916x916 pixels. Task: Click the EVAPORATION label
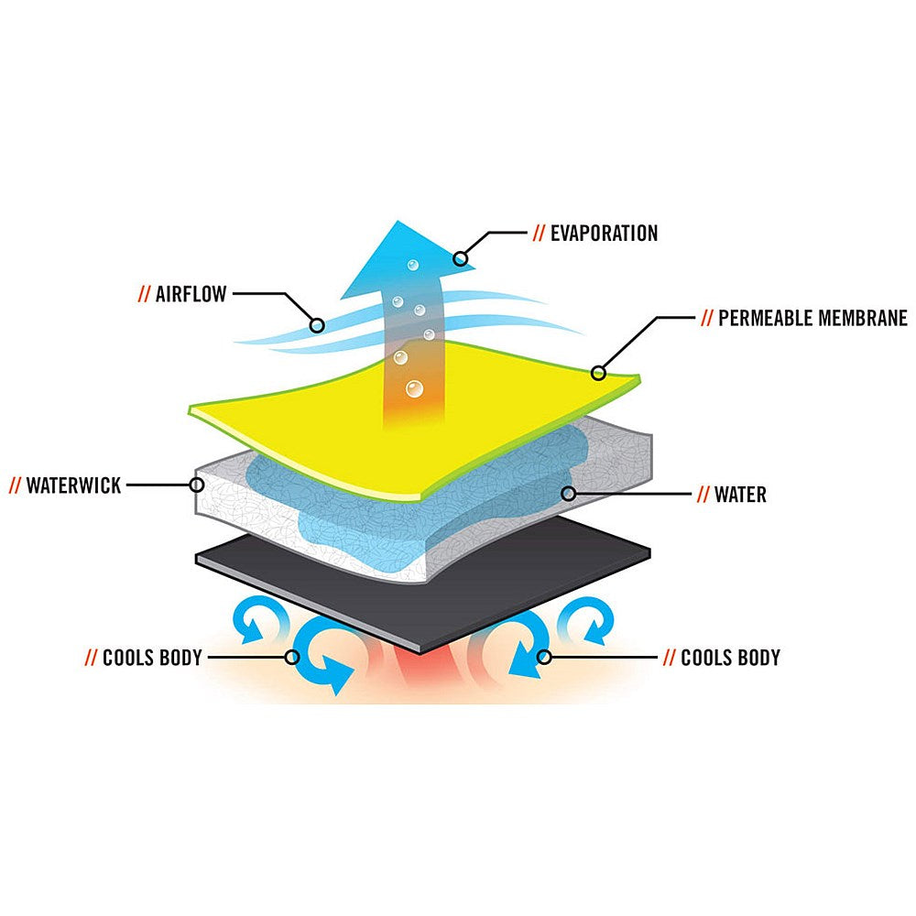(604, 233)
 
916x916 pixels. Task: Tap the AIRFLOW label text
(191, 294)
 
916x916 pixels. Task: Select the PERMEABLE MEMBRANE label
(812, 318)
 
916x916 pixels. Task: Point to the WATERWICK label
(73, 485)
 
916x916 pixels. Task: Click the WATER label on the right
(740, 495)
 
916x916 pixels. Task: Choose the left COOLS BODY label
(152, 658)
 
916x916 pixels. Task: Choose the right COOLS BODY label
(730, 658)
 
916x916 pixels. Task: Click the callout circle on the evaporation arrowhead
(461, 257)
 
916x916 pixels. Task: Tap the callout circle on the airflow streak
(317, 325)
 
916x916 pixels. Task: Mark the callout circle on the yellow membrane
(598, 373)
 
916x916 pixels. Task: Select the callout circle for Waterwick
(198, 485)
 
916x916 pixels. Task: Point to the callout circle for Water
(569, 494)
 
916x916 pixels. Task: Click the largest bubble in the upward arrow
(414, 388)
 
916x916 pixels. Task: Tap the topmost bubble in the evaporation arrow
(413, 266)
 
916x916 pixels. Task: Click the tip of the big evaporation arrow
(398, 221)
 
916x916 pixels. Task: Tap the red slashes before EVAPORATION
(538, 233)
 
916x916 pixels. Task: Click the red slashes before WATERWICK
(15, 485)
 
